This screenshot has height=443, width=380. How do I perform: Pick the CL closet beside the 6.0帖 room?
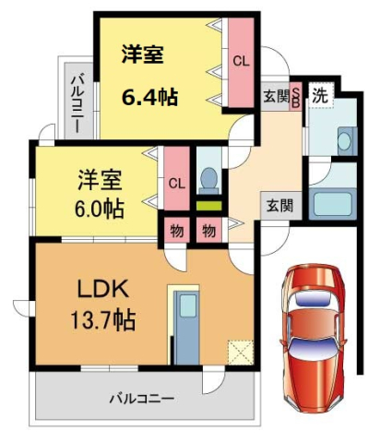175,182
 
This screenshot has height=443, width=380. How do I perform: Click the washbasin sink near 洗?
345,141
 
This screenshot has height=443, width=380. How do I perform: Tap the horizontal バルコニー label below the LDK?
142,399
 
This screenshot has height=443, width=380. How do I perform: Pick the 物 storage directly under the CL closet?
175,230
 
